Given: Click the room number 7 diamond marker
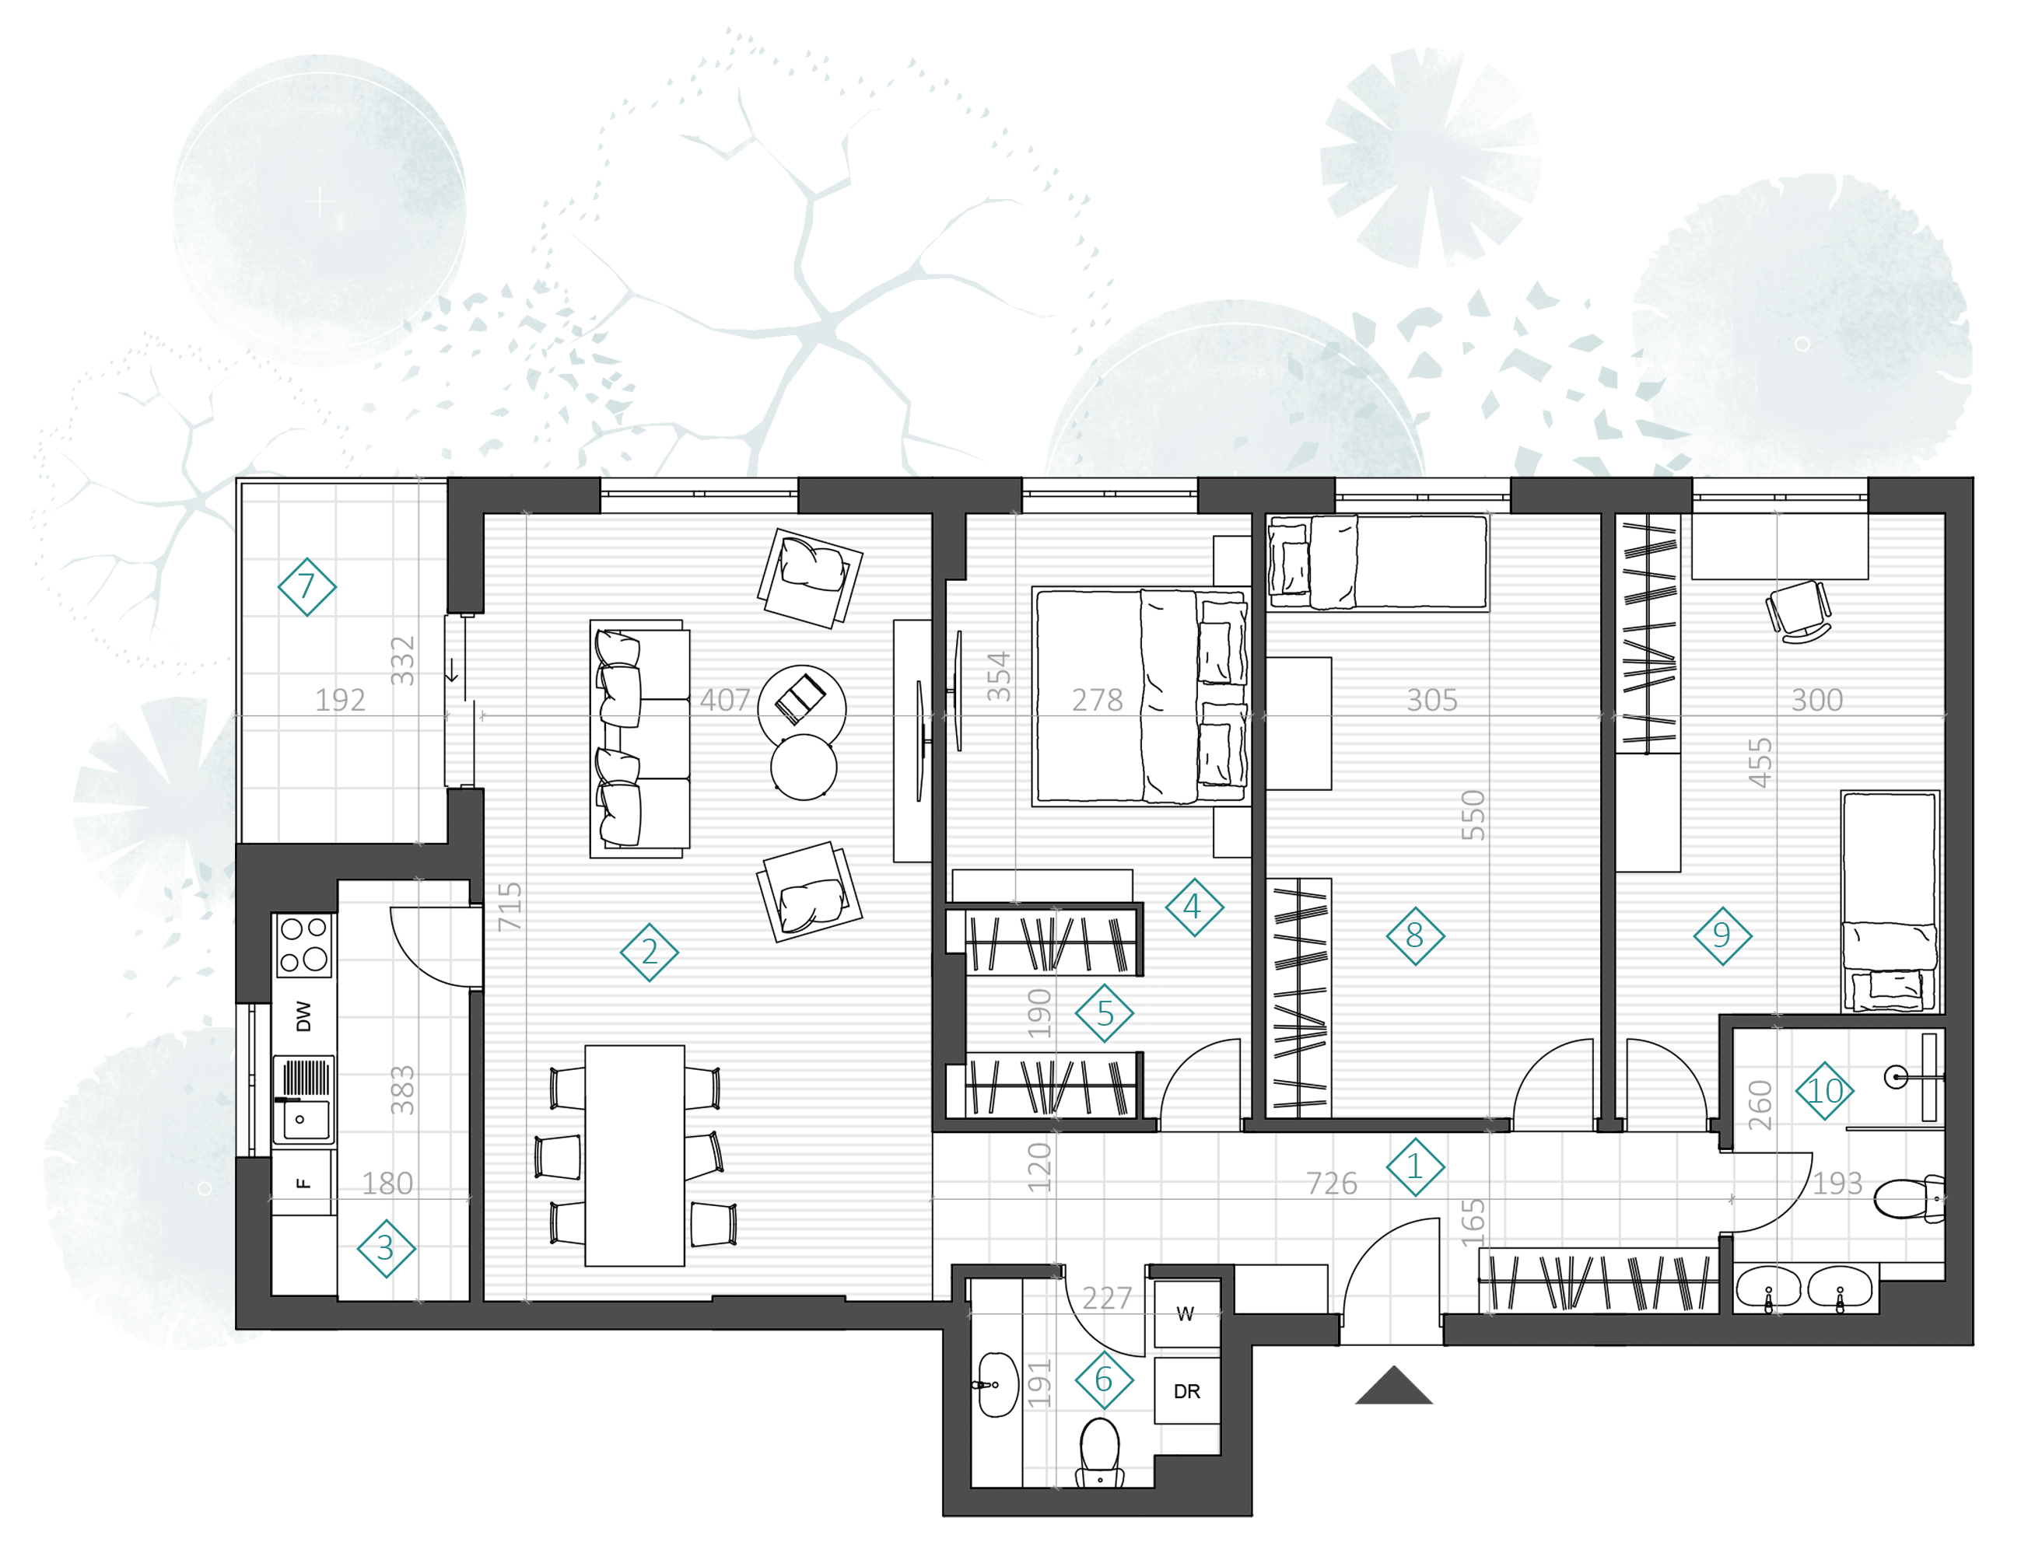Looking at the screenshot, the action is [306, 587].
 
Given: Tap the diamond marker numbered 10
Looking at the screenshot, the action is [1824, 1090].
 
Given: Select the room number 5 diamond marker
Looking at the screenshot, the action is [1104, 1013].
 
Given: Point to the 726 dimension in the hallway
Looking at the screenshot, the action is [1331, 1184].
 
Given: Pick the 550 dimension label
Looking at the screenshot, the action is [1473, 815].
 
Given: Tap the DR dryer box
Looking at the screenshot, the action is [1186, 1391].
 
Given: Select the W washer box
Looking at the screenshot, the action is [1186, 1313].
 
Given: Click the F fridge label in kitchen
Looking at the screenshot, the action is [302, 1184].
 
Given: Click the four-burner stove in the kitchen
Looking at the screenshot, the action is [303, 944].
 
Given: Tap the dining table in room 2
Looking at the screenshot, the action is [635, 1156].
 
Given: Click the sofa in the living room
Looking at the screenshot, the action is [640, 739].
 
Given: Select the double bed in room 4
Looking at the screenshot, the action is [1141, 696].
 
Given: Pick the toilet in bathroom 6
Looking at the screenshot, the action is [1100, 1451].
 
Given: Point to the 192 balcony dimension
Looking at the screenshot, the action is [340, 700].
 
